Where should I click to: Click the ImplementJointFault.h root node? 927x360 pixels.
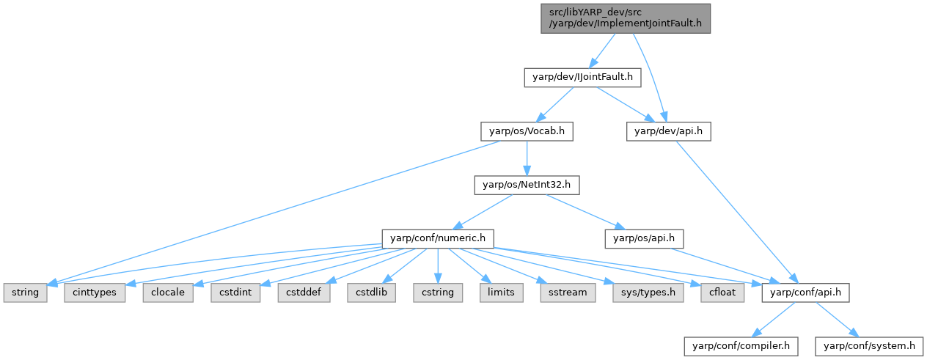tap(626, 18)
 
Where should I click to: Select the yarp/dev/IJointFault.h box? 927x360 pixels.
tap(582, 78)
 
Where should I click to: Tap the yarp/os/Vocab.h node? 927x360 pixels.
tap(527, 131)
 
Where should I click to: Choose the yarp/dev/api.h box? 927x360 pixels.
tap(668, 131)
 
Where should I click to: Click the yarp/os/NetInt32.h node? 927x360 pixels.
tap(527, 185)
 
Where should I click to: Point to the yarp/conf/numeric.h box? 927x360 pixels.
tap(438, 239)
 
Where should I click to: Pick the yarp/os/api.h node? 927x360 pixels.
tap(644, 239)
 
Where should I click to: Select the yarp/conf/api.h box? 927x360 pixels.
tap(805, 293)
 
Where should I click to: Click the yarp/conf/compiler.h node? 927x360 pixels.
tap(741, 346)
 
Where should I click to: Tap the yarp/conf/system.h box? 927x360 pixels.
tap(869, 346)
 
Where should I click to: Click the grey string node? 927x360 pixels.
tap(25, 293)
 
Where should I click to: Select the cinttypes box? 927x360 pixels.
tap(95, 293)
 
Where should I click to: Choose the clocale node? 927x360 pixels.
tap(168, 293)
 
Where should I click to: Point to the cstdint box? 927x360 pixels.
tap(235, 293)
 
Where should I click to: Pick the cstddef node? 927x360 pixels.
tap(304, 293)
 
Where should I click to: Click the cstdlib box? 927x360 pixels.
tap(371, 293)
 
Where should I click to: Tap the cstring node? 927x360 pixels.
tap(438, 293)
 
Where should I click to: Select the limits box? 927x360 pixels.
tap(501, 293)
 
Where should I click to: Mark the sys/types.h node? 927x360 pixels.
tap(648, 293)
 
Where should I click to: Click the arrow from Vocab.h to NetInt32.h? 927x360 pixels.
tap(527, 158)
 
